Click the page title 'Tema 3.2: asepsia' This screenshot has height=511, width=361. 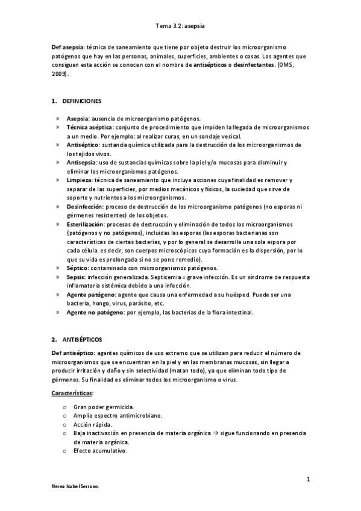[x=180, y=27]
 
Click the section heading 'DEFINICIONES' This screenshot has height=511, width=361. [x=81, y=101]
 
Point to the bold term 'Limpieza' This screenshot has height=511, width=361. [x=78, y=180]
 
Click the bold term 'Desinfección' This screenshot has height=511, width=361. [x=84, y=207]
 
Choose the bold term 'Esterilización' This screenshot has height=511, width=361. [x=85, y=224]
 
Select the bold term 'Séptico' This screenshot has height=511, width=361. [x=77, y=268]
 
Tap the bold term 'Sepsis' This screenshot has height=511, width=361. [x=75, y=277]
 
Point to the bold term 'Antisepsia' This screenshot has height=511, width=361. [x=81, y=163]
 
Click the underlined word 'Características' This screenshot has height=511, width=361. [x=72, y=393]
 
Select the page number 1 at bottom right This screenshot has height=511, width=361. [x=308, y=480]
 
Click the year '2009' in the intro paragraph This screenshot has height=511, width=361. [x=60, y=74]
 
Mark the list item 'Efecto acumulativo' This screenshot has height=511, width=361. [x=100, y=451]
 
